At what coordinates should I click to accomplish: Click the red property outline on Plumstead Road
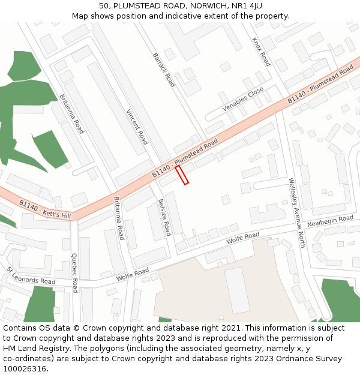coord(182,175)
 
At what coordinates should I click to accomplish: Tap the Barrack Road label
coord(163,70)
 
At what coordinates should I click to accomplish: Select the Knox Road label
coord(261,52)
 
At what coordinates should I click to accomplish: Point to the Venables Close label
coord(243,100)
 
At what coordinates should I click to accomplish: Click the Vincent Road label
coord(137,127)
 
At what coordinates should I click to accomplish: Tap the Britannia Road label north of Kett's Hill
coord(71,113)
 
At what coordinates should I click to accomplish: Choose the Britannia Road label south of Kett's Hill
coord(119,218)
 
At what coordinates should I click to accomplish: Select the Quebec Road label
coord(74,272)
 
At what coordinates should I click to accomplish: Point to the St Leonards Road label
coord(31,276)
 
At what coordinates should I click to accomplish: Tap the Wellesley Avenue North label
coord(297,212)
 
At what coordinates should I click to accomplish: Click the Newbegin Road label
coord(330,221)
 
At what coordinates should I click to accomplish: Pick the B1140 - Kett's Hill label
coord(45,209)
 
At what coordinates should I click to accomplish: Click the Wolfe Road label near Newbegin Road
coord(242,238)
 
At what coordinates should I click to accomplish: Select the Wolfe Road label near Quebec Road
coord(133,275)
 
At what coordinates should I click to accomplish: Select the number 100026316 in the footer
coord(26,368)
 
